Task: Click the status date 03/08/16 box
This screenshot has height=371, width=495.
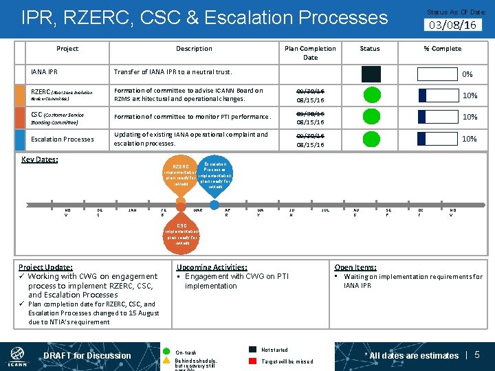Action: [452, 25]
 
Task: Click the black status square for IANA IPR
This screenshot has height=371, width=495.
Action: [371, 74]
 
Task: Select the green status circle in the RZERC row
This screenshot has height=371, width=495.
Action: [370, 95]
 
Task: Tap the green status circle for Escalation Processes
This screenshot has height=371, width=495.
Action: [370, 139]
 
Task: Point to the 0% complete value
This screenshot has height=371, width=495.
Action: [467, 74]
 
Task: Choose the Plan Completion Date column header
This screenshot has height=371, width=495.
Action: [310, 53]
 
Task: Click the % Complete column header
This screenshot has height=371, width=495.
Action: [442, 49]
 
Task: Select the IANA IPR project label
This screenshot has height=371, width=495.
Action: [45, 71]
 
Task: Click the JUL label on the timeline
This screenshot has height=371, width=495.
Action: [325, 210]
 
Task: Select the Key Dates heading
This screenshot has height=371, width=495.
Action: [40, 159]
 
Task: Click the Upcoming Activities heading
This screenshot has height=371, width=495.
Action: [212, 267]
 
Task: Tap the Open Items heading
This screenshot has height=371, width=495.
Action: [355, 267]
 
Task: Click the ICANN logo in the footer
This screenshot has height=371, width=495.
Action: [18, 355]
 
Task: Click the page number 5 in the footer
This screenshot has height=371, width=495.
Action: [477, 355]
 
